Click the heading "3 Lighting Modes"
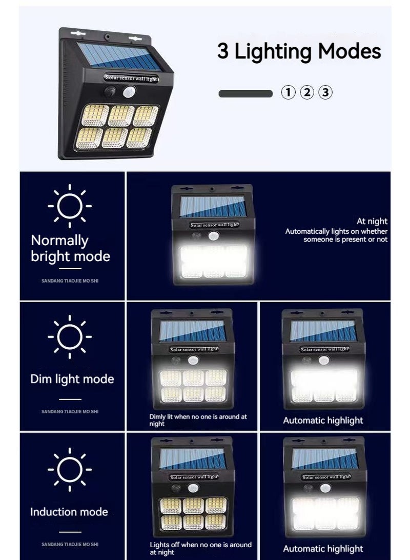pos(299,52)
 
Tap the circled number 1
pos(289,93)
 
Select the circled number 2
pos(306,93)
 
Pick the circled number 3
pos(325,93)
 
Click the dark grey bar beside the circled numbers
pos(245,94)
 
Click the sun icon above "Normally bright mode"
pos(70,206)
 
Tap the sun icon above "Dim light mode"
pos(70,337)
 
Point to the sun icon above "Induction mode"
pos(70,469)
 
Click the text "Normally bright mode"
pos(70,248)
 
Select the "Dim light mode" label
pos(72,379)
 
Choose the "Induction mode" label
pos(69,512)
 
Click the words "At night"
pos(372,222)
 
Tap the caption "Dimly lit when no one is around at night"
pos(198,420)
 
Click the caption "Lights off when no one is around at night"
pos(200,548)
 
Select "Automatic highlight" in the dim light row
pos(323,421)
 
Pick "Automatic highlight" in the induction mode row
pos(323,549)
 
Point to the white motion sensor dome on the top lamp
pos(128,92)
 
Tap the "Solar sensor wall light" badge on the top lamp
pos(131,78)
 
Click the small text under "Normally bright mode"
pos(70,281)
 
